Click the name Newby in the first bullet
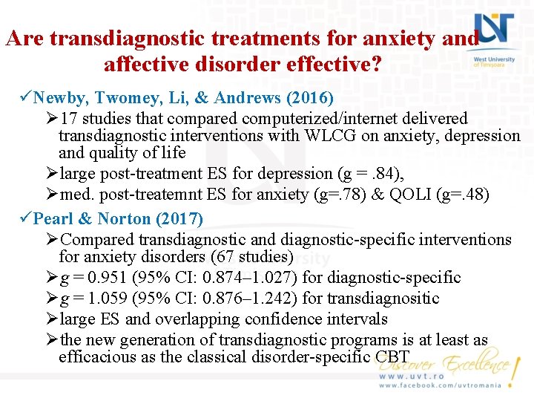(x=60, y=98)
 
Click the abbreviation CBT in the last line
(x=392, y=356)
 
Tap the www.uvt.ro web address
(x=412, y=376)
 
